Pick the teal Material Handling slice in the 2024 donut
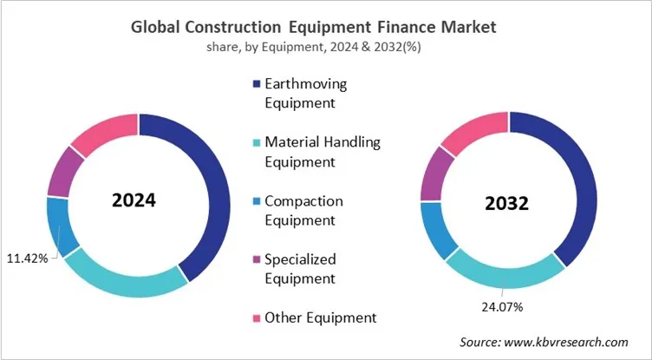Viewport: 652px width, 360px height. [121, 278]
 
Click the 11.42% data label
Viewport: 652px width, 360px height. [28, 258]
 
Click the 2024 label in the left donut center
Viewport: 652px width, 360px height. [134, 201]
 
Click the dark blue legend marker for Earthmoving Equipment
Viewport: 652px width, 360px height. [256, 84]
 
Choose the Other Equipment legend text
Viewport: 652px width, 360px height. [320, 317]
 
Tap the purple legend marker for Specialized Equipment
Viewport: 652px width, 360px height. [256, 259]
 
